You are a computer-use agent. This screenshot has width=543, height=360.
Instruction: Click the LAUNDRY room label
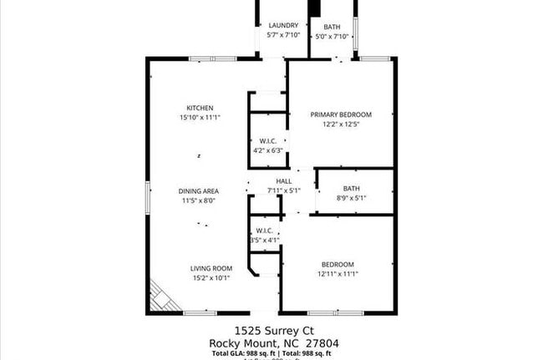pos(283,26)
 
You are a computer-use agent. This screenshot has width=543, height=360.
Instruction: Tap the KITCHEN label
pos(200,108)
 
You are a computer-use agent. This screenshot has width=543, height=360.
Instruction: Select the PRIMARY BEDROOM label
pos(341,114)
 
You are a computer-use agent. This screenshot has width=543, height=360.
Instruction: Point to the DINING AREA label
pos(200,191)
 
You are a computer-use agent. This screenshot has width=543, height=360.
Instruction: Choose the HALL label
pos(283,181)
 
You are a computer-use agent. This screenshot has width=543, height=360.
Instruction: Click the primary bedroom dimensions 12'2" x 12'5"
pos(341,124)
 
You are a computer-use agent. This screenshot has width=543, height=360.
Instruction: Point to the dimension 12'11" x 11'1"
pos(337,274)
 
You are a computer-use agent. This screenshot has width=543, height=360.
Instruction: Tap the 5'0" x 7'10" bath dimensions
pos(332,36)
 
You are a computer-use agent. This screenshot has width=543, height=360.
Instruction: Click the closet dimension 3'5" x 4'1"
pos(264,241)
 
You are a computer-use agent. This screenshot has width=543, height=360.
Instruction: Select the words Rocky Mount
pos(242,343)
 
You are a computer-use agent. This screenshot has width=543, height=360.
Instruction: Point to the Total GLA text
pos(236,354)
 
